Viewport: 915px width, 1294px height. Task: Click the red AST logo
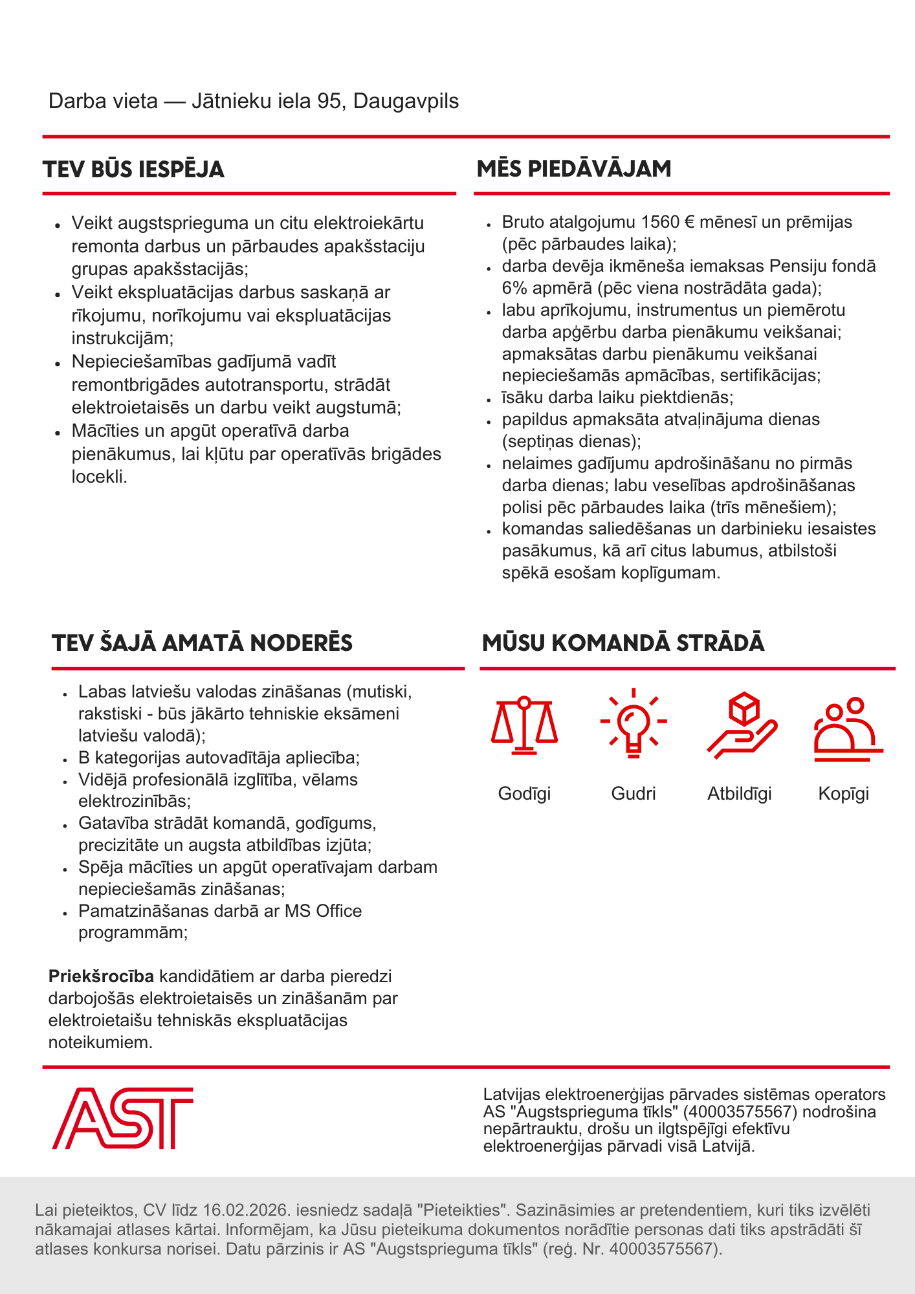(x=122, y=1118)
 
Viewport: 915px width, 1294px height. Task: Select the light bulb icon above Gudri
(x=634, y=723)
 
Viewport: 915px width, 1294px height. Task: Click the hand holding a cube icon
(x=742, y=725)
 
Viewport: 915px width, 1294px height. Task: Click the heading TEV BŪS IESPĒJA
(x=133, y=170)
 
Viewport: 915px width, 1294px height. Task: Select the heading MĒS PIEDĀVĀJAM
(x=574, y=169)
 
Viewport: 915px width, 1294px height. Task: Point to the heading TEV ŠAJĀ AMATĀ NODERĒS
(x=202, y=643)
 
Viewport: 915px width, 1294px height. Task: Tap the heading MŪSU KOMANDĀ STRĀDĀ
(x=623, y=643)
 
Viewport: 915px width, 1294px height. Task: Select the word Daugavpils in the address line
(x=406, y=102)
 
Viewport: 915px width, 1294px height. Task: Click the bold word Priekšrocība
(x=101, y=976)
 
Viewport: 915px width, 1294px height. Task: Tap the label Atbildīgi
(x=740, y=794)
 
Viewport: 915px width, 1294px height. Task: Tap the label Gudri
(x=634, y=794)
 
